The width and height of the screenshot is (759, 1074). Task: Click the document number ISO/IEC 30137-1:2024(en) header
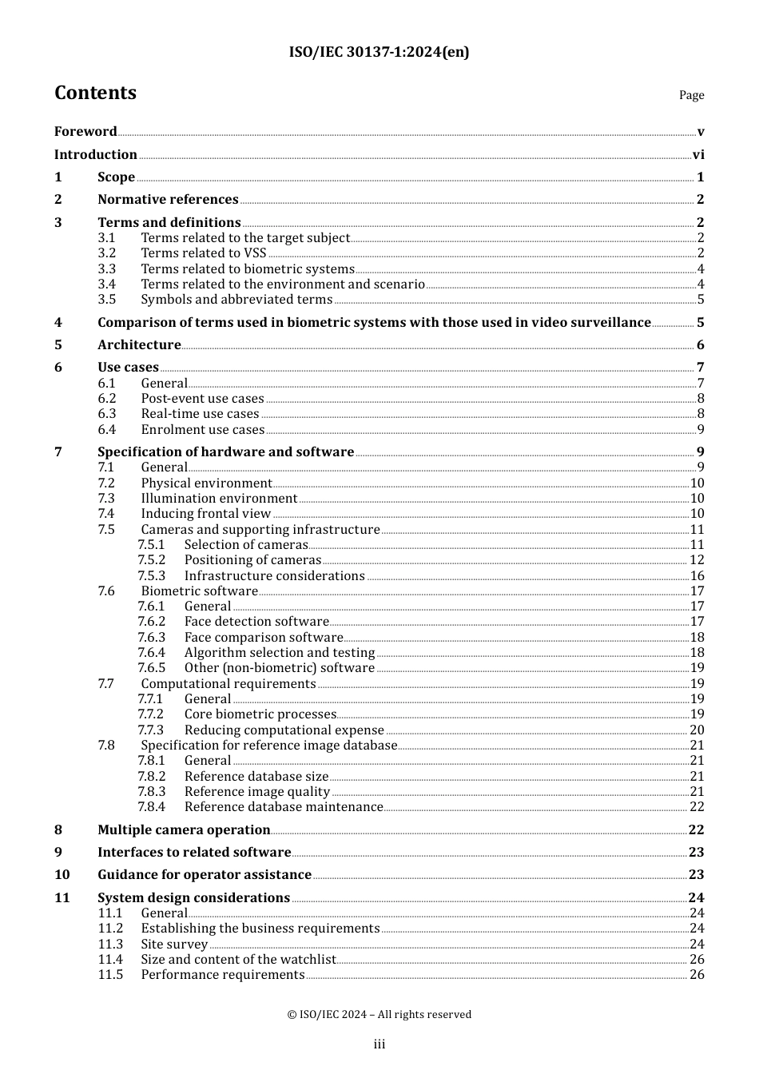[x=379, y=52]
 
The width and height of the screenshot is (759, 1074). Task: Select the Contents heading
[x=95, y=93]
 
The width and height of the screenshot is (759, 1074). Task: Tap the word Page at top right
[x=691, y=95]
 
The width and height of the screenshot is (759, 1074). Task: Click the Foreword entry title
[x=85, y=132]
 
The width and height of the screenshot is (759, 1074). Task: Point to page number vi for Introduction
[x=698, y=155]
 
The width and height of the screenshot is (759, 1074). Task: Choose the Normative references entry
[x=168, y=200]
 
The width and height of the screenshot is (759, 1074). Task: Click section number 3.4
[x=107, y=284]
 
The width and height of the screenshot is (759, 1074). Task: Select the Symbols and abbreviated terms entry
[x=236, y=300]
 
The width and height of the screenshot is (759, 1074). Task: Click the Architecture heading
[x=139, y=345]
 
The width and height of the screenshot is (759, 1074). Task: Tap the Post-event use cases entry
[x=202, y=399]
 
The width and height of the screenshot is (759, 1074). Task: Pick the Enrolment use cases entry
[x=202, y=430]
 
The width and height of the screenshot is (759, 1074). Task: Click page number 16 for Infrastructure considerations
[x=697, y=576]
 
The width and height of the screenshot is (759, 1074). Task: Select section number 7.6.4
[x=151, y=653]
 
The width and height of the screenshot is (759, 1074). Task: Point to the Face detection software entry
[x=256, y=622]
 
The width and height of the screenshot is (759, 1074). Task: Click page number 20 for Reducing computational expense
[x=697, y=730]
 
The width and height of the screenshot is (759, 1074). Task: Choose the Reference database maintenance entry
[x=284, y=807]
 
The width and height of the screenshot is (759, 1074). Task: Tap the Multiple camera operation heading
[x=184, y=830]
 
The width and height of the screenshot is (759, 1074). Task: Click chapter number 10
[x=62, y=875]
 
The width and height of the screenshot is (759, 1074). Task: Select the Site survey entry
[x=174, y=945]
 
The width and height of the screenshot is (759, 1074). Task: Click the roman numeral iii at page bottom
[x=379, y=1044]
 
